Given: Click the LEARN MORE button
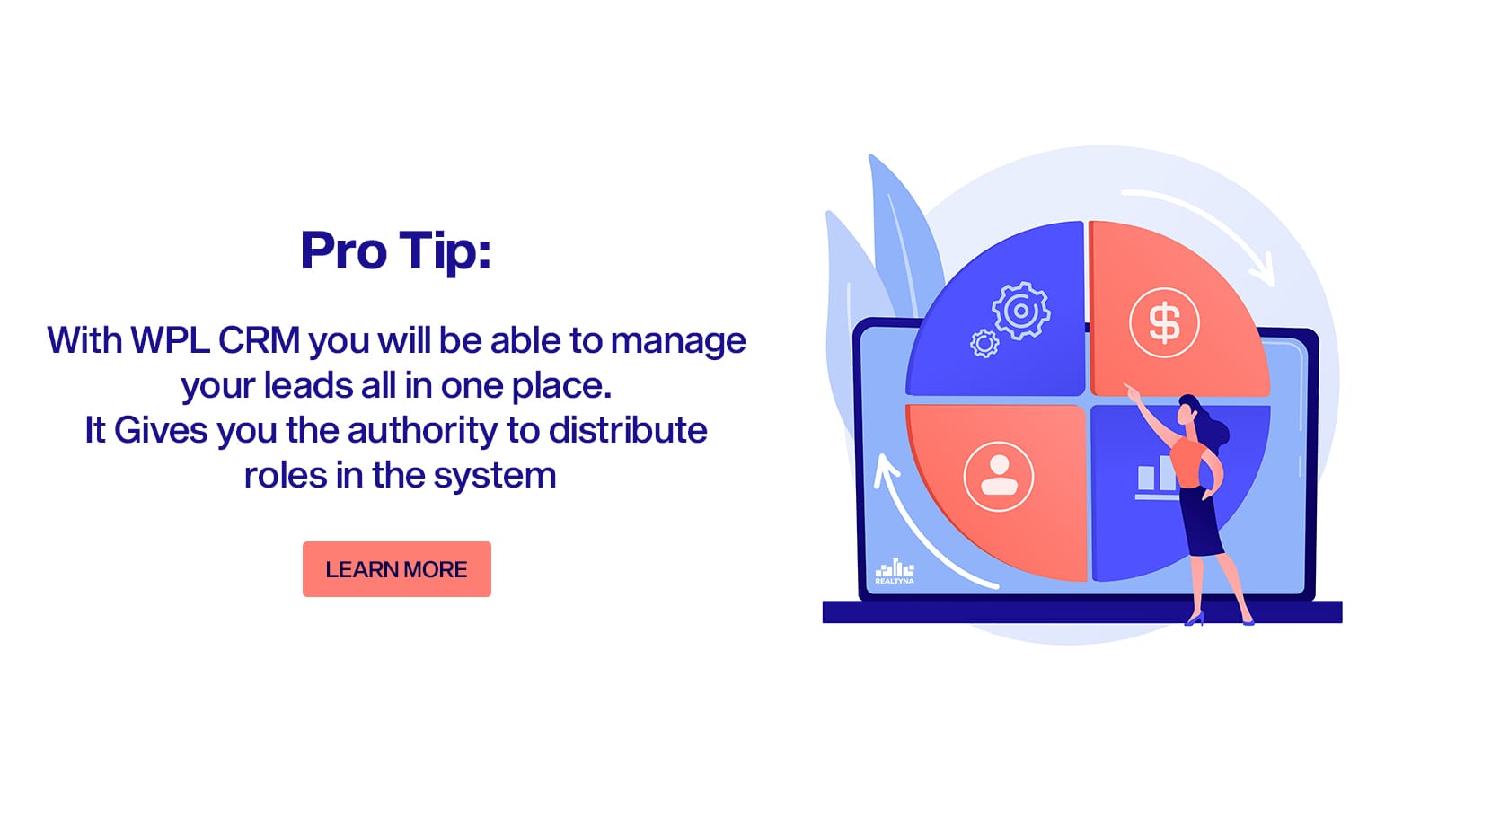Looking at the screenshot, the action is [x=397, y=569].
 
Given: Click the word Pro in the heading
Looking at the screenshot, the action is [x=343, y=250].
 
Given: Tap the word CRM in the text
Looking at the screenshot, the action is [x=259, y=340].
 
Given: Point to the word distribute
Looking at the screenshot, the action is [x=628, y=430].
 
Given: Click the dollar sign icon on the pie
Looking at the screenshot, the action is [x=1164, y=323].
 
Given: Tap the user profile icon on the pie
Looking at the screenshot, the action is [x=999, y=477].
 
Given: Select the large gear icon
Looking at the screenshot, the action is [x=1021, y=311].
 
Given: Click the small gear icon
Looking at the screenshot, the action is [x=984, y=344].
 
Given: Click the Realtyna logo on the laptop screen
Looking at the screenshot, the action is [x=894, y=572].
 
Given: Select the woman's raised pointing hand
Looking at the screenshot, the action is [x=1130, y=391].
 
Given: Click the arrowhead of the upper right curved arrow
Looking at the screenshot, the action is [x=1263, y=271].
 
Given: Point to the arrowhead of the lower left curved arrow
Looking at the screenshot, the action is [x=886, y=470].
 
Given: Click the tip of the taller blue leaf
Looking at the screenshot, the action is [x=871, y=157].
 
